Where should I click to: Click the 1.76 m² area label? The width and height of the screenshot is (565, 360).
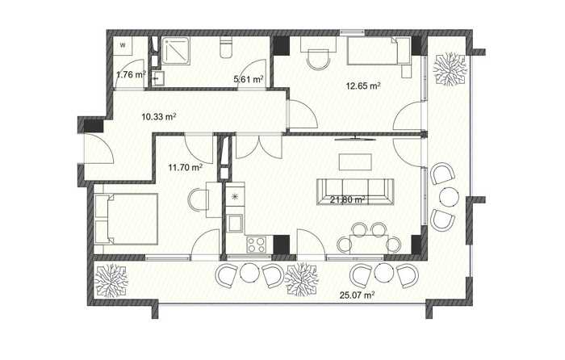pos(131,75)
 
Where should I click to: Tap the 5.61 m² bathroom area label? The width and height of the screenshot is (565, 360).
pos(249,79)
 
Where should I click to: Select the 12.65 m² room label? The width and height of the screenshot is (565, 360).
pos(363,86)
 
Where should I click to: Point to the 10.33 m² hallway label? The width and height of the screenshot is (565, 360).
pos(158,117)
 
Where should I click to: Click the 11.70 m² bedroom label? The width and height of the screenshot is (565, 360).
pos(185,167)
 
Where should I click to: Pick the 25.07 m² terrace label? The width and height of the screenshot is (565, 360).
pos(357,295)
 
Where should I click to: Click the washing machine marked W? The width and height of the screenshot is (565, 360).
pos(123,45)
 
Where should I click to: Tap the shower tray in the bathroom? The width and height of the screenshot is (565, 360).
pos(175,51)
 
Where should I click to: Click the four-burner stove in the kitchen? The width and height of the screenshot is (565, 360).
pos(256,245)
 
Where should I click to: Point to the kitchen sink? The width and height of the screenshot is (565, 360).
pos(235,224)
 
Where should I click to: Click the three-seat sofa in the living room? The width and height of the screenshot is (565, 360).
pos(355,191)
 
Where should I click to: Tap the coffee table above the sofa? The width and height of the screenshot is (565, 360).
pos(355,162)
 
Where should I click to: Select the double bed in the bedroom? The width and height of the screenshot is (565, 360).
pos(126,219)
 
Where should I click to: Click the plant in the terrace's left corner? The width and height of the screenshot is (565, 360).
pos(111,281)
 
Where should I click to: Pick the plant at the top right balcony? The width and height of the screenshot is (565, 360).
pos(450,69)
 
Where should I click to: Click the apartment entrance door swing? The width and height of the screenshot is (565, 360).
pos(99,149)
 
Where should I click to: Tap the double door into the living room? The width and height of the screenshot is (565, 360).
pos(259,147)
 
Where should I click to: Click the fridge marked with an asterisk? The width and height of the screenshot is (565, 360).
pos(235,196)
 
